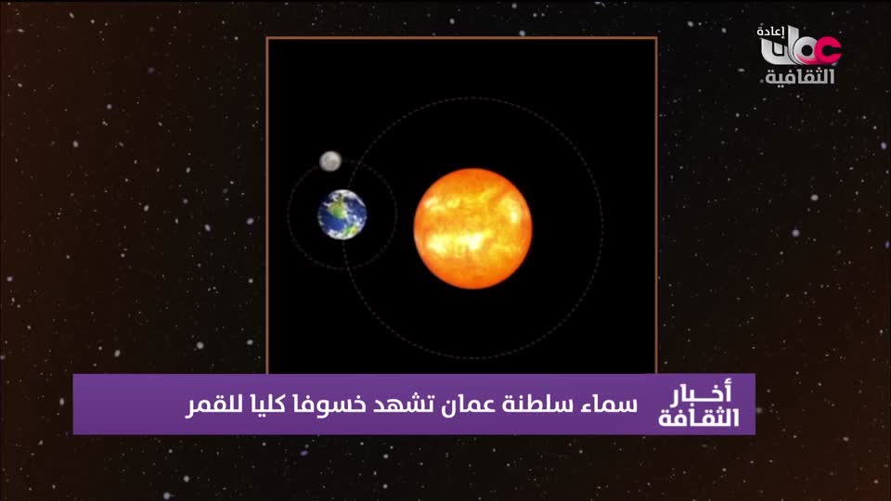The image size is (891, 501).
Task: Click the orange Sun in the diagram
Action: (x=472, y=228)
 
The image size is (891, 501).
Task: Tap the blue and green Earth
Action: (x=342, y=214)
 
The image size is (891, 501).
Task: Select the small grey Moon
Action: (x=330, y=161)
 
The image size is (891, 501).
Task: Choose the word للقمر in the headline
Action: (x=211, y=405)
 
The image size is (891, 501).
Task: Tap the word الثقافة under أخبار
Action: (x=699, y=417)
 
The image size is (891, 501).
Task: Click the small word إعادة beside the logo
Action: (x=770, y=32)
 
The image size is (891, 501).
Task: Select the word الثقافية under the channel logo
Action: (x=799, y=76)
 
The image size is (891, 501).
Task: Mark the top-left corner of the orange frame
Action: (x=267, y=38)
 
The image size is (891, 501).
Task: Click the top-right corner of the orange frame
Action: (x=656, y=38)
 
